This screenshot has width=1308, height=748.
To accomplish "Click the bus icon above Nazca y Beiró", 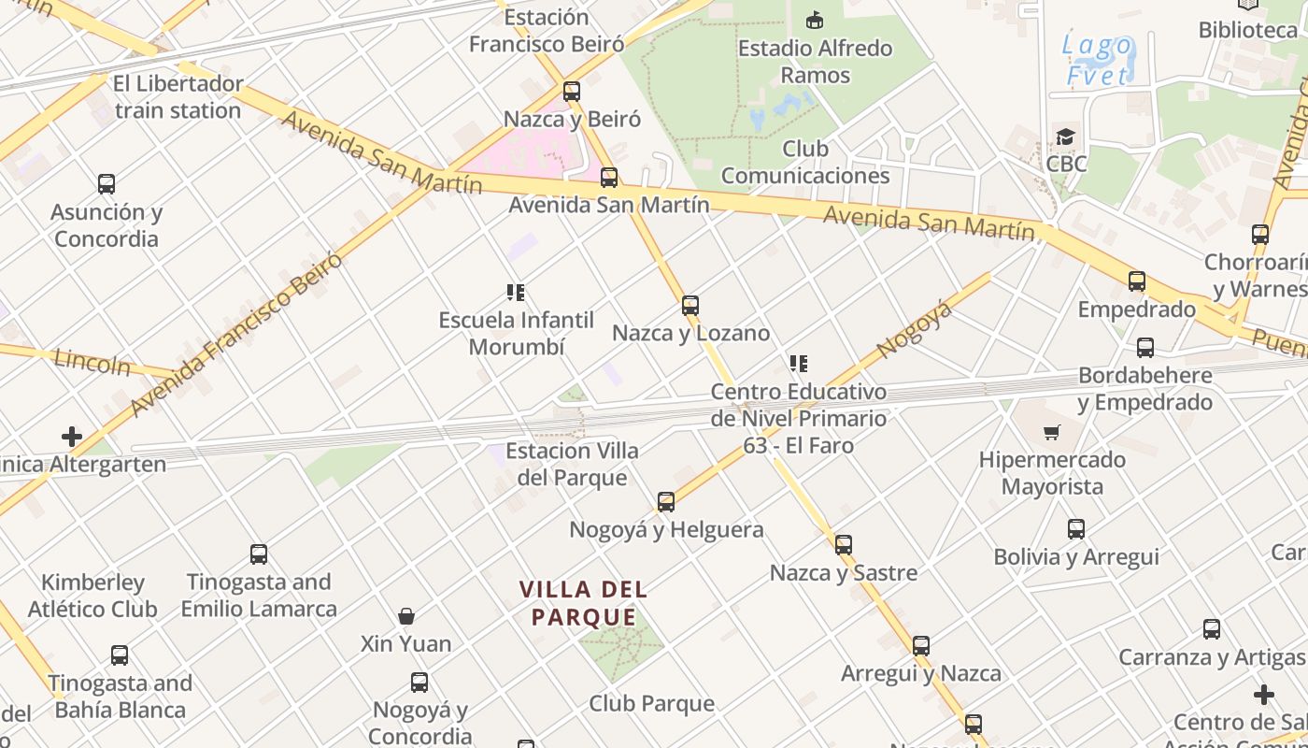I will click(x=572, y=92).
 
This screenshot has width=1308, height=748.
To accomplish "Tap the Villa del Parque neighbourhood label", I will click(x=583, y=603).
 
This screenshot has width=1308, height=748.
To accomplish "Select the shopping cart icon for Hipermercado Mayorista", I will click(x=1052, y=432).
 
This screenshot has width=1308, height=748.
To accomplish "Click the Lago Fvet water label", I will click(x=1099, y=60).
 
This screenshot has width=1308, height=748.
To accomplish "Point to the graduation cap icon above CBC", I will click(x=1066, y=137).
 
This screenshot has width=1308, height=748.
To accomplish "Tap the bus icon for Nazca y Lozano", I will click(x=690, y=306).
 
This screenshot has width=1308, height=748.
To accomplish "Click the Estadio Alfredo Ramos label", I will click(x=815, y=61).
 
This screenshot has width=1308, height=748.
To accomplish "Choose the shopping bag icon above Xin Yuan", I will click(x=406, y=616).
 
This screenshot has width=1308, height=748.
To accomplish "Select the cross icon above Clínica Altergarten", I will click(x=72, y=437).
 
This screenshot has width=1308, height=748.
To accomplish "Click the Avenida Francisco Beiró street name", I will click(x=236, y=334).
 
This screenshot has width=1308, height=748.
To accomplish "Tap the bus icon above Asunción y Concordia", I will click(x=107, y=184).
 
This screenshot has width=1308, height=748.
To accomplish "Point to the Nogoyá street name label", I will click(x=915, y=329).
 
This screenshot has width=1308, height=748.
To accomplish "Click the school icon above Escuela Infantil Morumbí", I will click(x=516, y=293).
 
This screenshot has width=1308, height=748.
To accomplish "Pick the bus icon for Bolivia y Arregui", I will click(x=1076, y=529).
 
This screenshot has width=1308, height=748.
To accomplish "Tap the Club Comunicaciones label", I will click(x=805, y=162).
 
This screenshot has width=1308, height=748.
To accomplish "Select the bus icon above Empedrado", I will click(x=1137, y=281).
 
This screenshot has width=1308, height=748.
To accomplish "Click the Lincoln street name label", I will click(x=92, y=362).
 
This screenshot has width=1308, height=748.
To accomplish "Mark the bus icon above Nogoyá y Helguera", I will click(x=666, y=502).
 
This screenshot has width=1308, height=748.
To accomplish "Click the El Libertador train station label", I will click(x=178, y=96).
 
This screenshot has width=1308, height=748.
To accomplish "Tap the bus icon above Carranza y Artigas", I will click(x=1212, y=629).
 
